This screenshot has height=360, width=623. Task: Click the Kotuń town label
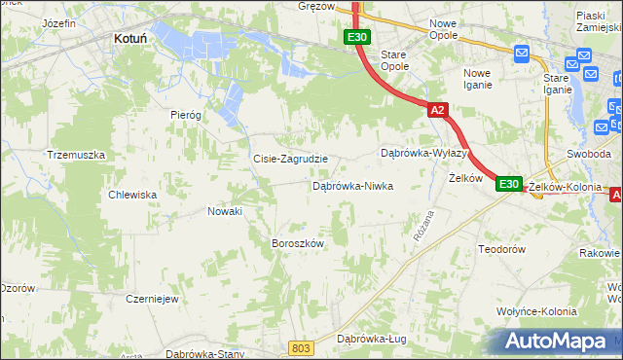pyautogui.click(x=129, y=38)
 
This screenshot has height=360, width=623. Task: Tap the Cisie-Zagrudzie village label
pyautogui.click(x=290, y=159)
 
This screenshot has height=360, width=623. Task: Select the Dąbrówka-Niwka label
pyautogui.click(x=352, y=185)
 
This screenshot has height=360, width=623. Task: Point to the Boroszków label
pyautogui.click(x=297, y=243)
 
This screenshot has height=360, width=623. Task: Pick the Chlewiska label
pyautogui.click(x=133, y=195)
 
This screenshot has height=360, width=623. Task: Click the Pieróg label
pyautogui.click(x=185, y=115)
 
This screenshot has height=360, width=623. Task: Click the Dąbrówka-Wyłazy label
pyautogui.click(x=424, y=154)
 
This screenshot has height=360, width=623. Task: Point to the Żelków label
pyautogui.click(x=465, y=179)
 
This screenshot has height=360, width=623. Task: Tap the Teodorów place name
pyautogui.click(x=502, y=250)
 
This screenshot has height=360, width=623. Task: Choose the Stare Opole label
pyautogui.click(x=394, y=60)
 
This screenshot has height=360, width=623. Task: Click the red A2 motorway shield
pyautogui.click(x=437, y=111)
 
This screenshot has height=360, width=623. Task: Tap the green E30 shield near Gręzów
pyautogui.click(x=356, y=38)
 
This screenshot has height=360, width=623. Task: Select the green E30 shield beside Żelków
pyautogui.click(x=508, y=183)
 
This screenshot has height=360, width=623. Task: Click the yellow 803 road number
pyautogui.click(x=302, y=347)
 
